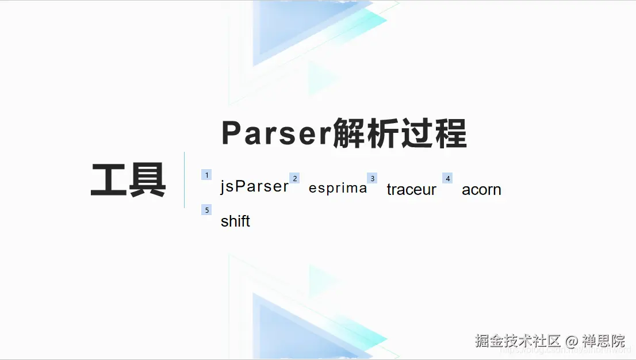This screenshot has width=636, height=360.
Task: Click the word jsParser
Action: (x=254, y=187)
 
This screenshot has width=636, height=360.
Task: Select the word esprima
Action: (x=338, y=188)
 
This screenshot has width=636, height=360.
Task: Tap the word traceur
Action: (x=411, y=189)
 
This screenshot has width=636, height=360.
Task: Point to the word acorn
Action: (x=481, y=189)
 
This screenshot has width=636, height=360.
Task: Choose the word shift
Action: (x=235, y=221)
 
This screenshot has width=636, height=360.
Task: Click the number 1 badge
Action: (x=206, y=175)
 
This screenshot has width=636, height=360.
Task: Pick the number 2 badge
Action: (x=294, y=178)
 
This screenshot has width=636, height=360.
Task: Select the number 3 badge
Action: (x=372, y=178)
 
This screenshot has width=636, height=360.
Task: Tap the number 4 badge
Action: (x=447, y=178)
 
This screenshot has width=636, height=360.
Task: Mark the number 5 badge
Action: (x=206, y=210)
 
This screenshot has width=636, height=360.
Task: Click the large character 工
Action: (x=109, y=180)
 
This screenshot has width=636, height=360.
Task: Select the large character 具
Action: (x=147, y=180)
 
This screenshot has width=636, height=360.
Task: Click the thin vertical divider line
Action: (x=184, y=179)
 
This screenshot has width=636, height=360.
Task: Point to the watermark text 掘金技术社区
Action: (x=518, y=340)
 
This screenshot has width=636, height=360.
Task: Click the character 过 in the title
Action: (x=417, y=134)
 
